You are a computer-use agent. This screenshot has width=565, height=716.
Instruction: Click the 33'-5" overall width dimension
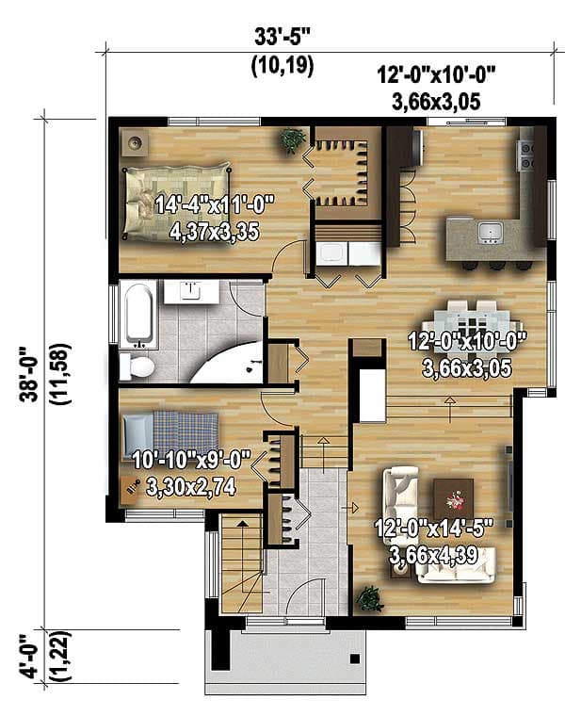(282, 38)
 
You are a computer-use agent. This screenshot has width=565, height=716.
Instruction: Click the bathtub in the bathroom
(138, 314)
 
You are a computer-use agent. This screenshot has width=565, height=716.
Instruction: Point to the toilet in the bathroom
(137, 365)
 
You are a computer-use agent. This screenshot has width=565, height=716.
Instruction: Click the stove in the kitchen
(527, 155)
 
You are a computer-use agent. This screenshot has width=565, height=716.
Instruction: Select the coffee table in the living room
(454, 494)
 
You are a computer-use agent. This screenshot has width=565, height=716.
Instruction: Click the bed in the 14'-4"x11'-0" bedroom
(176, 196)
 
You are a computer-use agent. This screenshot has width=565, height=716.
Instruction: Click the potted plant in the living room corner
(369, 598)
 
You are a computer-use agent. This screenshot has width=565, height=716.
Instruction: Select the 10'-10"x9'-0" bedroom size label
(190, 474)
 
